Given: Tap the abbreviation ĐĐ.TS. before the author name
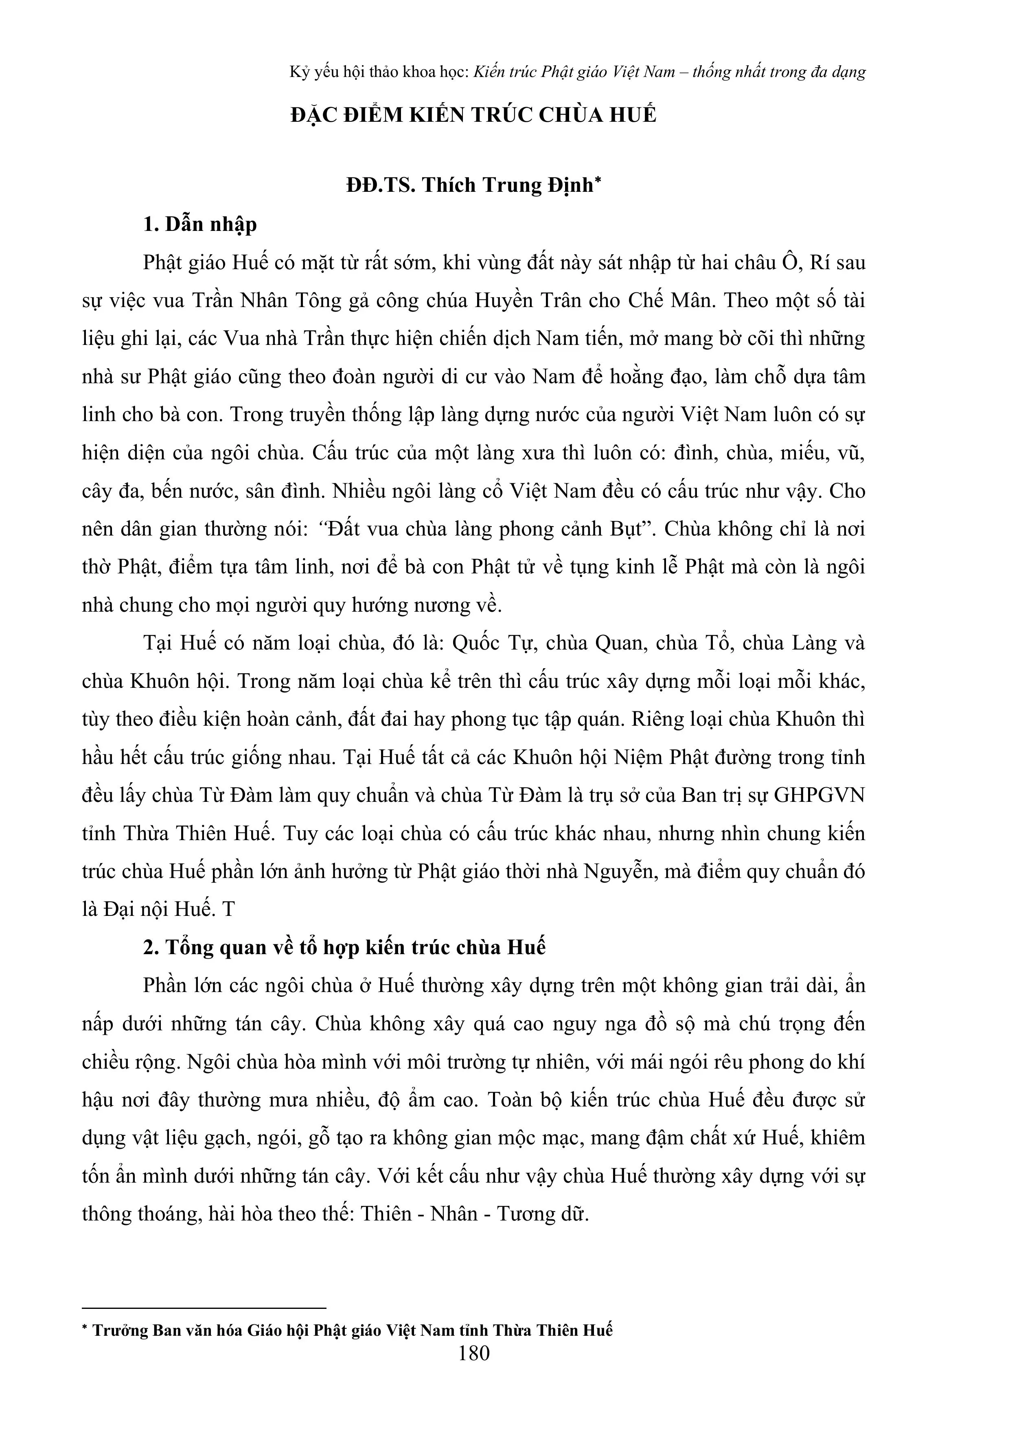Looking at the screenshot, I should click(381, 185).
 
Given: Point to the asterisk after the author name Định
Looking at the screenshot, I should click(598, 180).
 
